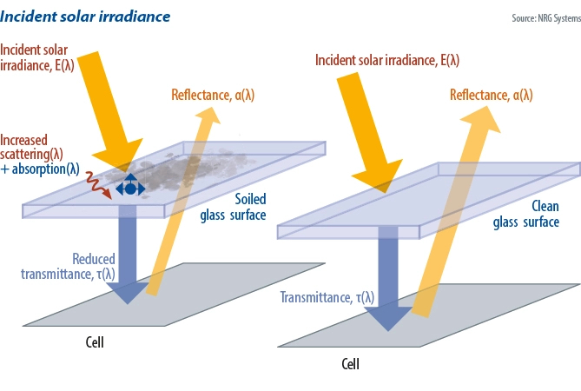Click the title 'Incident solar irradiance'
85,17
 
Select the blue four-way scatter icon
130,188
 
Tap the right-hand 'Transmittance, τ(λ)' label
327,297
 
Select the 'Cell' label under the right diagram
350,364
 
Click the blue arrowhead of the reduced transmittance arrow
129,291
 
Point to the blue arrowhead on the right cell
387,317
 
